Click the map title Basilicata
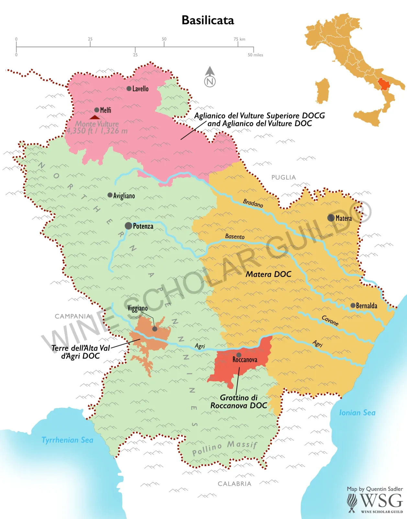pyautogui.click(x=208, y=20)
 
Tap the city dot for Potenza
pyautogui.click(x=128, y=226)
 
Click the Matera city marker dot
pyautogui.click(x=331, y=218)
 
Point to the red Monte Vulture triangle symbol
pyautogui.click(x=95, y=117)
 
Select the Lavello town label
pyautogui.click(x=140, y=89)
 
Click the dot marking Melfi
pyautogui.click(x=96, y=110)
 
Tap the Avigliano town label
pyautogui.click(x=124, y=196)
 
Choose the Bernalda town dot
pyautogui.click(x=353, y=305)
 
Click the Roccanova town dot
pyautogui.click(x=239, y=355)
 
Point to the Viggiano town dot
pyautogui.click(x=155, y=329)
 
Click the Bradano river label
pyautogui.click(x=253, y=203)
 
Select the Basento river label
pyautogui.click(x=235, y=236)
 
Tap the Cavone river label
pyautogui.click(x=330, y=320)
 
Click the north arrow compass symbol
pyautogui.click(x=210, y=77)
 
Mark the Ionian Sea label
pyautogui.click(x=357, y=413)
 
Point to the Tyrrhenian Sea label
pyautogui.click(x=67, y=440)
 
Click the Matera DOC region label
pyautogui.click(x=268, y=274)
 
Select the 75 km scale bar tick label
pyautogui.click(x=239, y=39)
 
